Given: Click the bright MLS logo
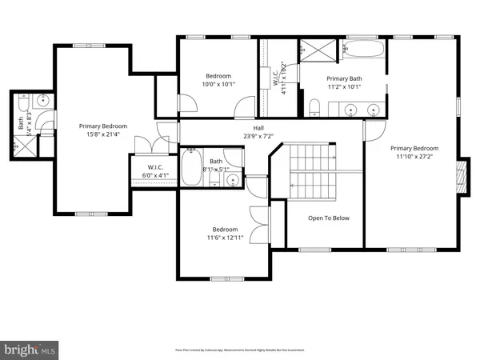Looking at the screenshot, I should [x=30, y=349].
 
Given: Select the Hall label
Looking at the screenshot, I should [x=258, y=128].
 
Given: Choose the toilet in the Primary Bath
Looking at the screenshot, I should [x=315, y=108].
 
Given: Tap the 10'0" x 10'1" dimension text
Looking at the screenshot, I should [x=218, y=84].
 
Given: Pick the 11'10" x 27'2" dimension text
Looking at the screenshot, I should [x=414, y=158].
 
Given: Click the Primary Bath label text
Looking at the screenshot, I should [x=345, y=78].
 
